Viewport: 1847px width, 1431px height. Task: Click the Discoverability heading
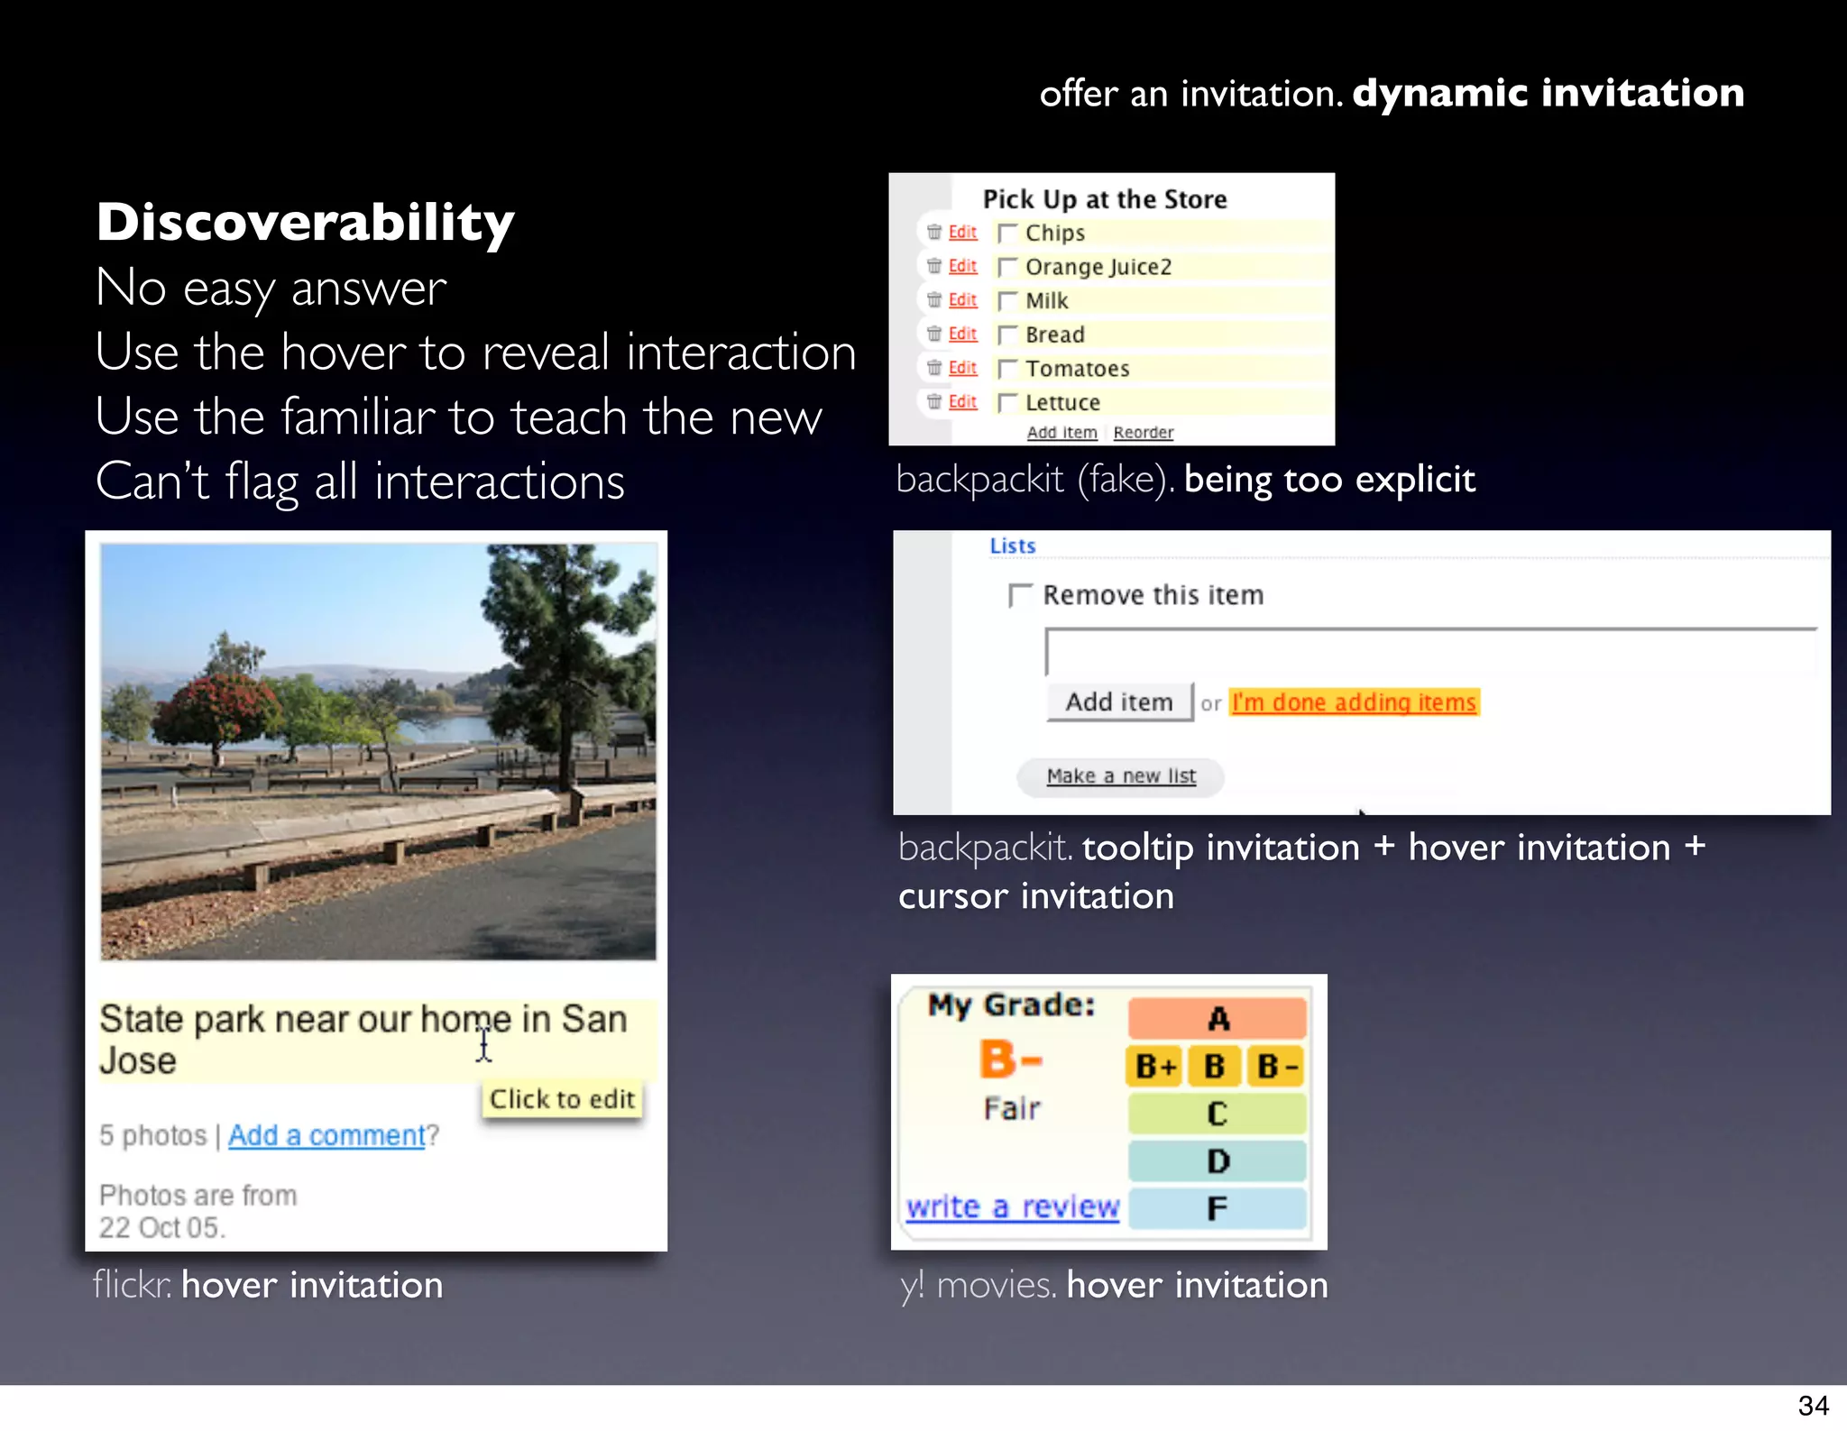pyautogui.click(x=305, y=223)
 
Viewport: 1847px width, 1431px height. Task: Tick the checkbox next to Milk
pyautogui.click(x=1007, y=301)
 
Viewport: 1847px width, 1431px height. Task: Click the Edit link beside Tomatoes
pyautogui.click(x=962, y=368)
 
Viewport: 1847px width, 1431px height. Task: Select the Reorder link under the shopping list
pyautogui.click(x=1143, y=433)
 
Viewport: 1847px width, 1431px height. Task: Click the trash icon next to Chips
pyautogui.click(x=934, y=233)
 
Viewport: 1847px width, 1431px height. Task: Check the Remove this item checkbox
pyautogui.click(x=1019, y=595)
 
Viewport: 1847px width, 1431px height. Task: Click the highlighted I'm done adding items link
pyautogui.click(x=1354, y=702)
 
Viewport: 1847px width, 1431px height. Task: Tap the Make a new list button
pyautogui.click(x=1121, y=776)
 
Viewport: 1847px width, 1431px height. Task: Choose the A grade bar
pyautogui.click(x=1218, y=1019)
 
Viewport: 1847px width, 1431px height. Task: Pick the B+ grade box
pyautogui.click(x=1155, y=1067)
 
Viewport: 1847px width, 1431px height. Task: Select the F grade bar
pyautogui.click(x=1218, y=1208)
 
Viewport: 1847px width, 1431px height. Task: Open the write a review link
pyautogui.click(x=1013, y=1206)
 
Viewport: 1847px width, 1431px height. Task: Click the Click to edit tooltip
pyautogui.click(x=562, y=1099)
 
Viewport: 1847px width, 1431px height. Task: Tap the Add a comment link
pyautogui.click(x=326, y=1135)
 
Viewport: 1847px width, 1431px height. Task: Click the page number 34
pyautogui.click(x=1813, y=1406)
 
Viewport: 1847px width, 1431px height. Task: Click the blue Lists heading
pyautogui.click(x=1012, y=546)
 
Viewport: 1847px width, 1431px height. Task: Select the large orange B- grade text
pyautogui.click(x=1011, y=1059)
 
